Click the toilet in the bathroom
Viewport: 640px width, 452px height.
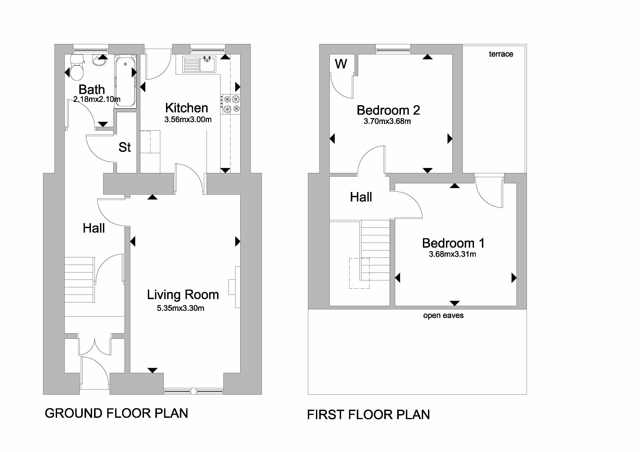click(77, 67)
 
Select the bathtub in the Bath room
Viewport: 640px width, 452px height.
click(125, 81)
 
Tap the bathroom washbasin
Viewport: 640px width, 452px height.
click(99, 61)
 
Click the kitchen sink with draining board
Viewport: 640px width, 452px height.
click(199, 64)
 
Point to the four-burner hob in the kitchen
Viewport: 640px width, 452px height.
click(231, 104)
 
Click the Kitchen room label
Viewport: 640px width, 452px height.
click(187, 108)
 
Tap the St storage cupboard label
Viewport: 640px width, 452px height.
click(124, 147)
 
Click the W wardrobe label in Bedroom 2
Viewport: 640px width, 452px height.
click(341, 64)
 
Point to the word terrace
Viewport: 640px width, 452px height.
click(501, 54)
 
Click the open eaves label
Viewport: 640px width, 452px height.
click(443, 316)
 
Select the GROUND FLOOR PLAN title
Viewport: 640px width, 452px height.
click(116, 413)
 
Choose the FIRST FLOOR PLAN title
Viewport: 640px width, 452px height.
click(368, 415)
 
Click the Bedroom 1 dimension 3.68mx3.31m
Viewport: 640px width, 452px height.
click(452, 254)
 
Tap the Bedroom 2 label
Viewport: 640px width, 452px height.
click(388, 110)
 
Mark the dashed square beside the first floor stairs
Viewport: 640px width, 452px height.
click(359, 273)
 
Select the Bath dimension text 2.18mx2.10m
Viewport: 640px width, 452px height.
click(97, 99)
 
